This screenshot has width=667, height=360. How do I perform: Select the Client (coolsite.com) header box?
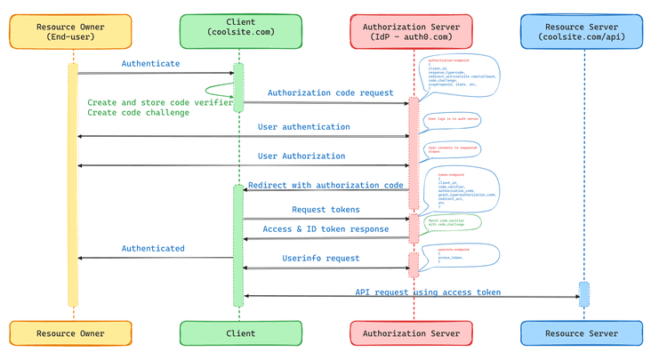click(x=238, y=32)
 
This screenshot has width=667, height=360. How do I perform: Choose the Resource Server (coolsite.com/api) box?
click(x=581, y=32)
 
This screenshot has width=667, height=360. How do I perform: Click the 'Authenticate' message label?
click(x=150, y=64)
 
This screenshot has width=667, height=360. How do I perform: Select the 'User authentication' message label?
click(x=303, y=127)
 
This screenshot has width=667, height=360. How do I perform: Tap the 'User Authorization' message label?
click(x=301, y=156)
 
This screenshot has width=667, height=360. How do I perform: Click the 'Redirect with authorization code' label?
click(x=325, y=186)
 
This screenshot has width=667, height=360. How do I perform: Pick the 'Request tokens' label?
click(x=325, y=210)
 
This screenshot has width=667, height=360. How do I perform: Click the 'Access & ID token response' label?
click(x=325, y=229)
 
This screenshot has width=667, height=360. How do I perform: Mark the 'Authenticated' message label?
click(x=153, y=249)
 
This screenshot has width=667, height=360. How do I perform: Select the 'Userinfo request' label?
click(x=321, y=259)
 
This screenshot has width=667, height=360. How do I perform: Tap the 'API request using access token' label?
click(x=428, y=292)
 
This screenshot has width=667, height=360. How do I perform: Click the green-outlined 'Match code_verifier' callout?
click(x=452, y=223)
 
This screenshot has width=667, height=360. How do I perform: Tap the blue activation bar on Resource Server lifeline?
click(x=584, y=294)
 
